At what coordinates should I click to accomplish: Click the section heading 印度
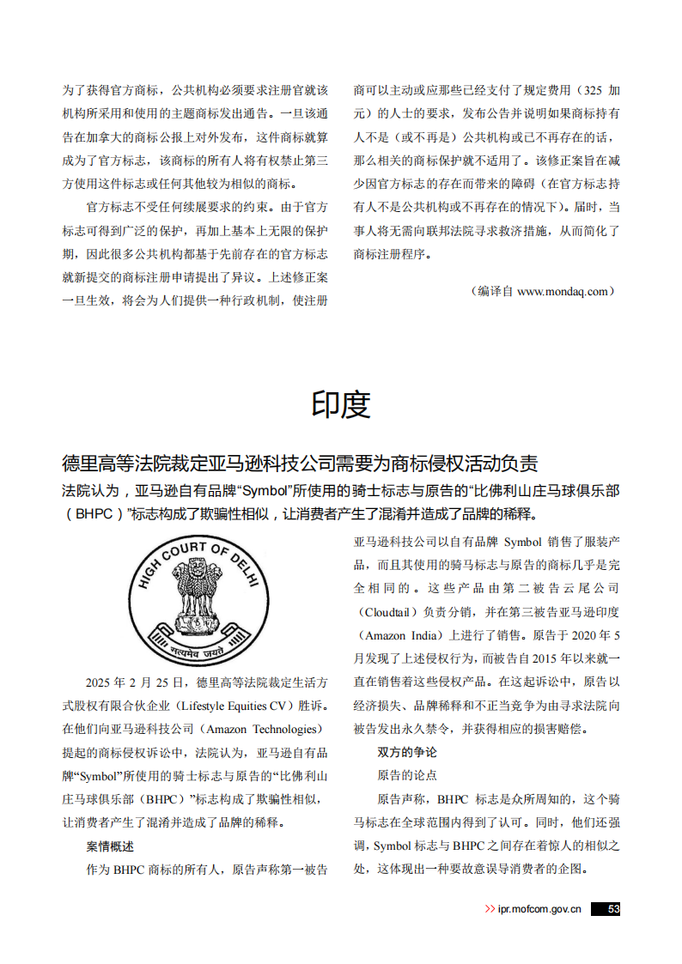[x=341, y=404]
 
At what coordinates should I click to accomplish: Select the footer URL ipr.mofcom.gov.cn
[x=539, y=910]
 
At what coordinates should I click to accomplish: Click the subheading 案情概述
[x=110, y=846]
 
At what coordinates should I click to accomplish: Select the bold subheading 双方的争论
[x=407, y=752]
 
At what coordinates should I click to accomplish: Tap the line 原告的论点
[x=407, y=775]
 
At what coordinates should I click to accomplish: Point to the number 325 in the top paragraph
[x=592, y=89]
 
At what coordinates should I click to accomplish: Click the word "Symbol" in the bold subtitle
[x=267, y=492]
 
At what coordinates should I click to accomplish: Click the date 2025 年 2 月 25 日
[x=135, y=683]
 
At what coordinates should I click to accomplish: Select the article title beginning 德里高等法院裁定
[x=300, y=464]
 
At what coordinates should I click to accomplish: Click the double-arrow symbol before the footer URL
[x=489, y=910]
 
